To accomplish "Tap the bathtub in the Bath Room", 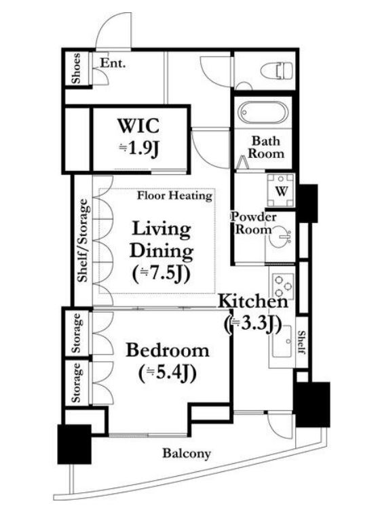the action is click(x=263, y=113).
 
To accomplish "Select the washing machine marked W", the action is click(x=280, y=191).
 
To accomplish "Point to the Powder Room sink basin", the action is click(x=280, y=238).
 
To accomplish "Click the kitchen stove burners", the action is click(x=282, y=286).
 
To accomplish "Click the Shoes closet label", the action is click(x=76, y=68).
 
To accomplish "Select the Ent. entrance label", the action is click(x=113, y=63).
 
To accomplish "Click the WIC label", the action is click(x=138, y=125).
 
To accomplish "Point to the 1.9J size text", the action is click(x=139, y=149).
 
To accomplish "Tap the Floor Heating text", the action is click(x=174, y=196).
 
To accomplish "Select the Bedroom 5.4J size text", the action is click(x=168, y=373).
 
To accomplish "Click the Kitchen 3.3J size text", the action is click(x=253, y=324).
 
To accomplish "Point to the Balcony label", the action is click(x=187, y=454).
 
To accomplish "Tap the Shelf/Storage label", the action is click(x=83, y=240).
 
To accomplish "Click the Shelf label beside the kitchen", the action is click(x=302, y=342).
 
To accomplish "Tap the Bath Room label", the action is click(x=265, y=147).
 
